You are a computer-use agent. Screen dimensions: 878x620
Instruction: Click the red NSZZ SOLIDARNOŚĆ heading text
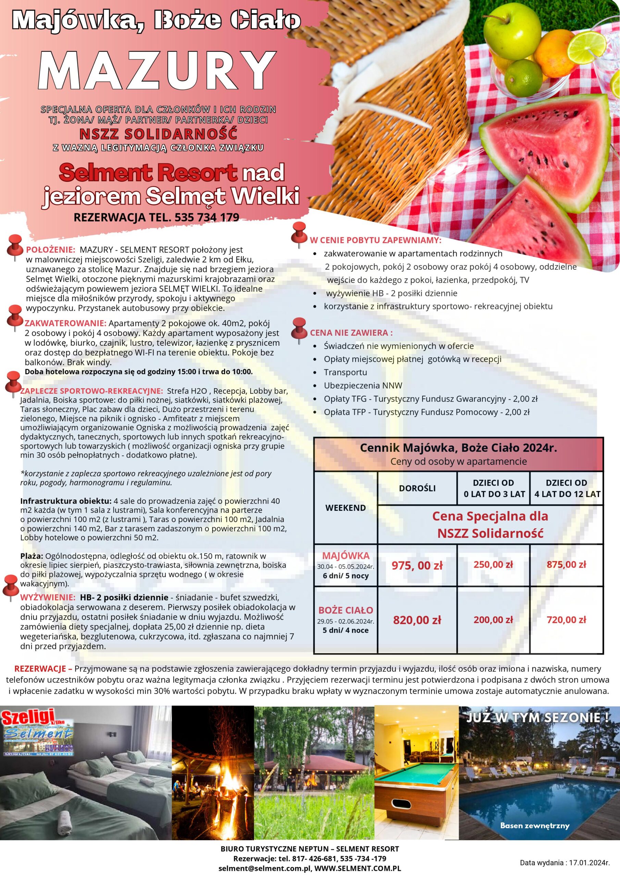[x=158, y=134]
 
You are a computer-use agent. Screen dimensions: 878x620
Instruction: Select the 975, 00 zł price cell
[x=417, y=566]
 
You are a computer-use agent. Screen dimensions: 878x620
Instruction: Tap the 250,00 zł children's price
[x=493, y=565]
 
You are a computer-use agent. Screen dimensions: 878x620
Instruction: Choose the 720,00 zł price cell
[x=566, y=619]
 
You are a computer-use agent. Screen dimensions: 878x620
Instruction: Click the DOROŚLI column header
[x=417, y=488]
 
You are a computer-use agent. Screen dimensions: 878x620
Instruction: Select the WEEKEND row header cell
[x=345, y=508]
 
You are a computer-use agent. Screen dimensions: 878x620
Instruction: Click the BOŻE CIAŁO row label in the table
[x=345, y=610]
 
